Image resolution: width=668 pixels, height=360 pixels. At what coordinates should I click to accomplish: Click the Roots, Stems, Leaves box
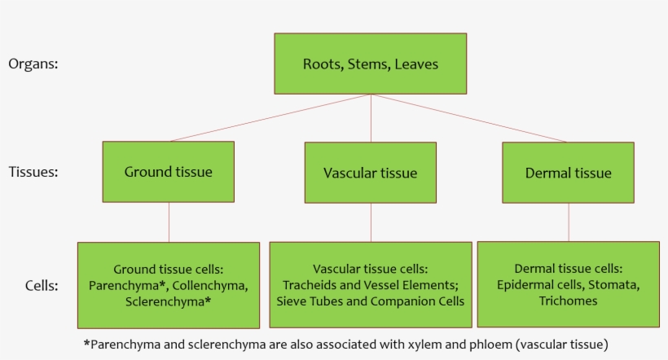pos(371,64)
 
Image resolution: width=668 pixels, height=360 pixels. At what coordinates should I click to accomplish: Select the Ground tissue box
pos(168,171)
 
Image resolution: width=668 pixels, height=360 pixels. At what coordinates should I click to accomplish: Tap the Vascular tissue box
pos(370,173)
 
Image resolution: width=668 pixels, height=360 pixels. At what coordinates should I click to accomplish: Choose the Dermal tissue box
pos(568,173)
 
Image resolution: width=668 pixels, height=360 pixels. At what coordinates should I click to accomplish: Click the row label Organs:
pos(33,64)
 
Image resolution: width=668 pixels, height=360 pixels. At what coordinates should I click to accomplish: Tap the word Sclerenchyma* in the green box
pos(168,302)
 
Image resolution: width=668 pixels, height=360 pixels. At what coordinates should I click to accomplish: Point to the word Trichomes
pos(568,301)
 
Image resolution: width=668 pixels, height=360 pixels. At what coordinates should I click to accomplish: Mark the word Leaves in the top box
pos(416,64)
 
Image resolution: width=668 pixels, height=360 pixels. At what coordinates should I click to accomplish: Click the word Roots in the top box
pos(321,64)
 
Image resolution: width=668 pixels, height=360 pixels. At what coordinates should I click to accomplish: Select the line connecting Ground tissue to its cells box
pos(169,222)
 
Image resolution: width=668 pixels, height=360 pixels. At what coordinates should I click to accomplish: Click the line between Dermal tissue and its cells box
pos(569,222)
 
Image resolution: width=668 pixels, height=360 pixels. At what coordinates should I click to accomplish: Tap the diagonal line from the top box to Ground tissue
pos(269,118)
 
